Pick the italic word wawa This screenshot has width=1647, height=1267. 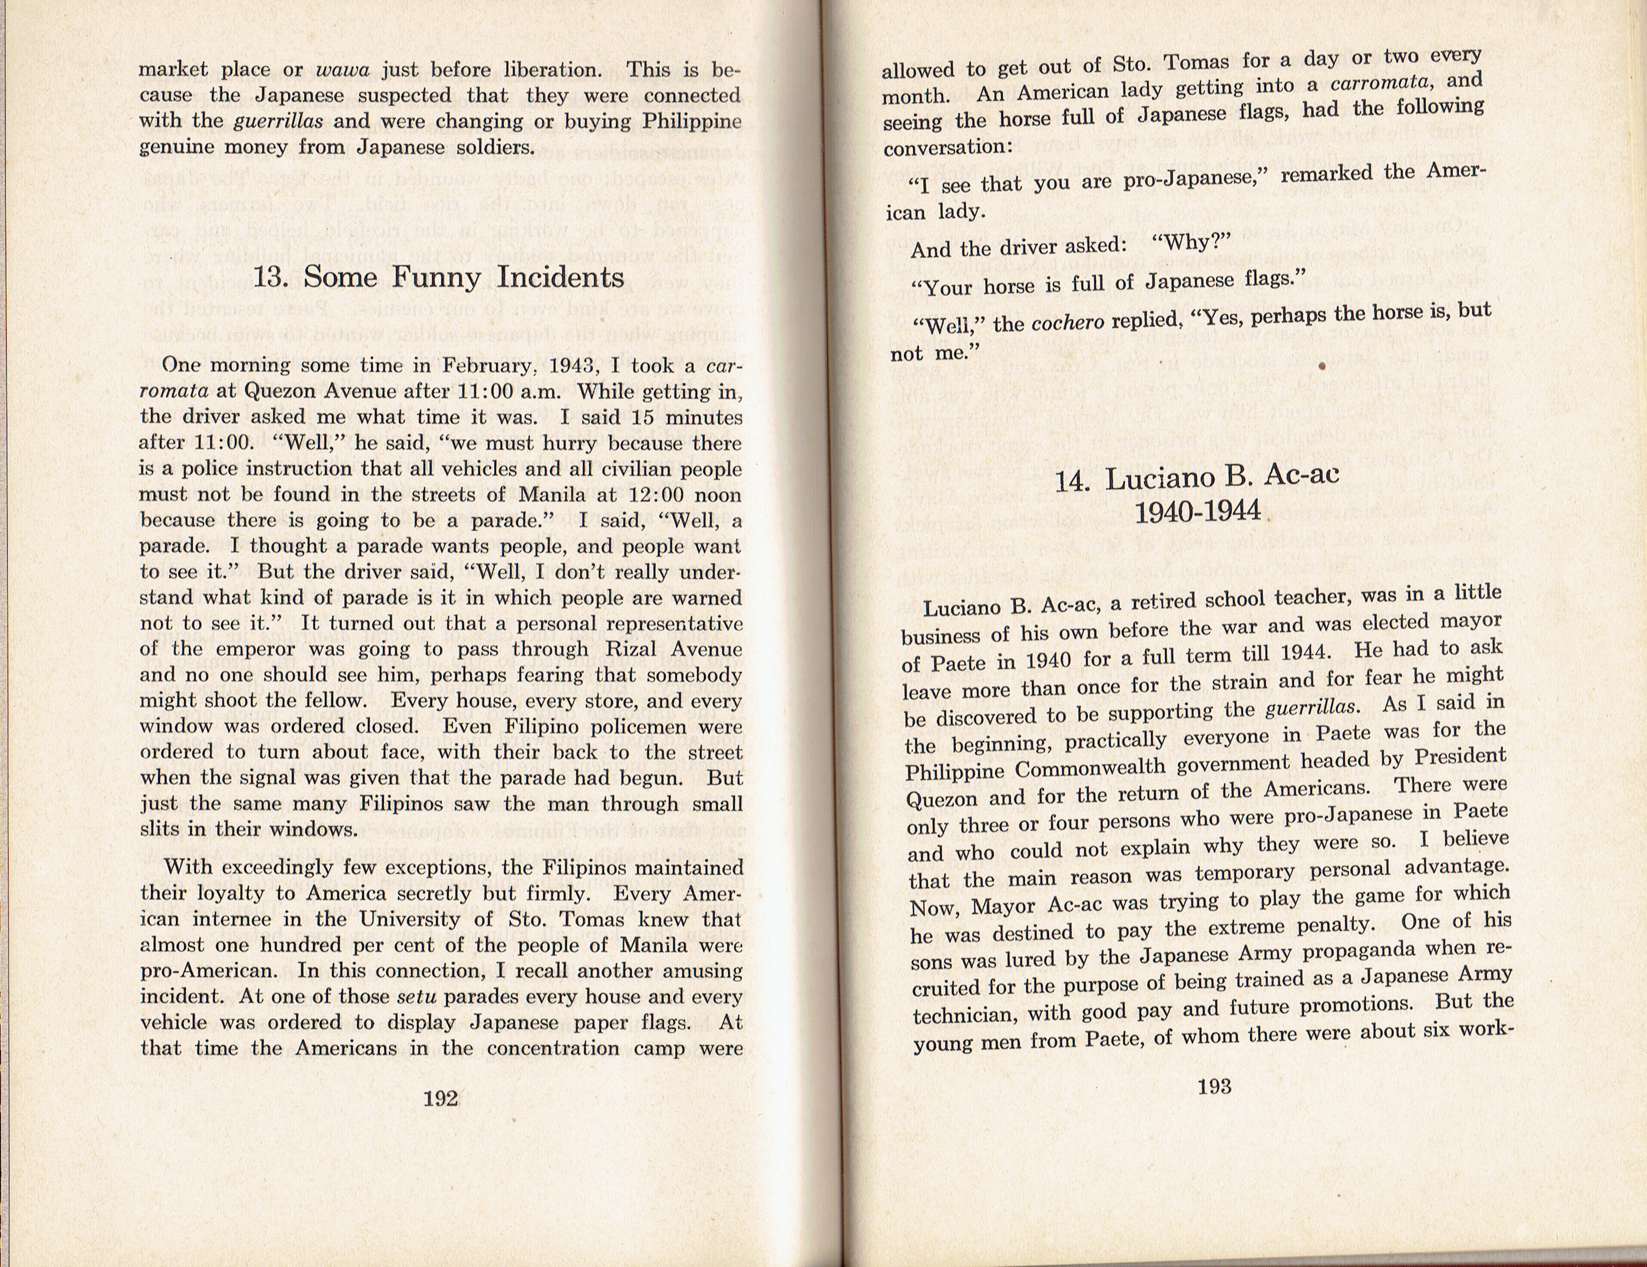click(342, 70)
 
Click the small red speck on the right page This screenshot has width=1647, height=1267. click(1322, 367)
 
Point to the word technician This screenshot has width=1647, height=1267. click(962, 1015)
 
